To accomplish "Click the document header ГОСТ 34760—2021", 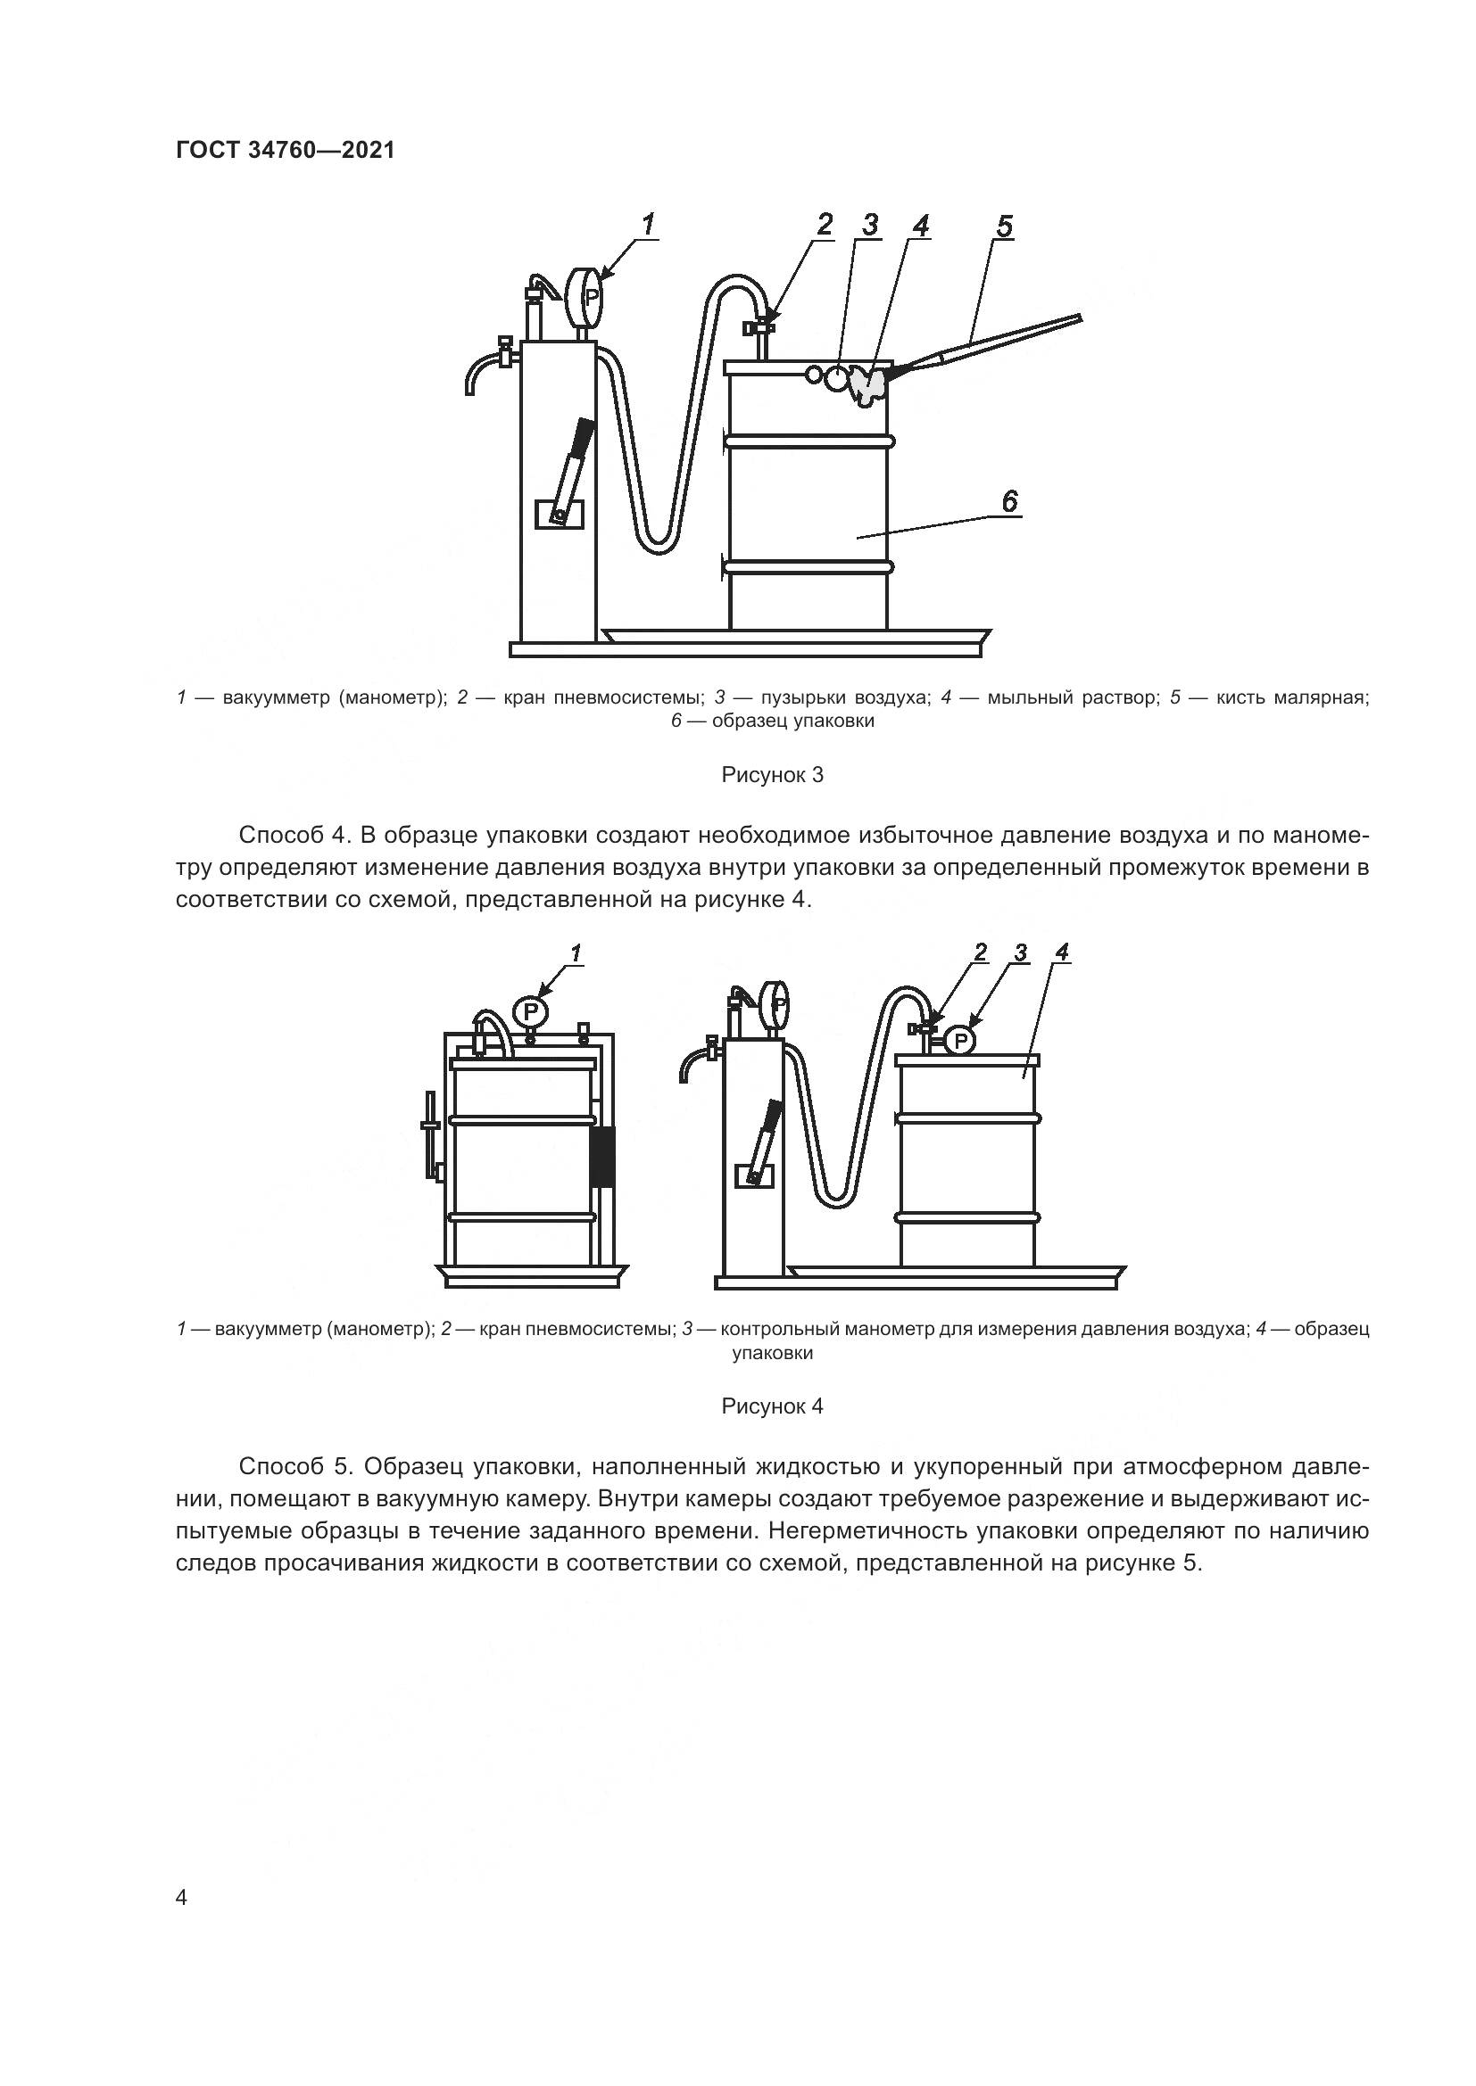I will [286, 150].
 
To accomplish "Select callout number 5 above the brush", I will [1003, 226].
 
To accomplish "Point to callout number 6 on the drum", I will [1010, 500].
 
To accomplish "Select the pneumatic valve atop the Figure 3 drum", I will [760, 327].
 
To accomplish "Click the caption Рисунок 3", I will [772, 775].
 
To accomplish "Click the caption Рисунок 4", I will [772, 1406].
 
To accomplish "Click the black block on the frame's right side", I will [601, 1157].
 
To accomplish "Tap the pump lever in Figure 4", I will [767, 1131].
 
